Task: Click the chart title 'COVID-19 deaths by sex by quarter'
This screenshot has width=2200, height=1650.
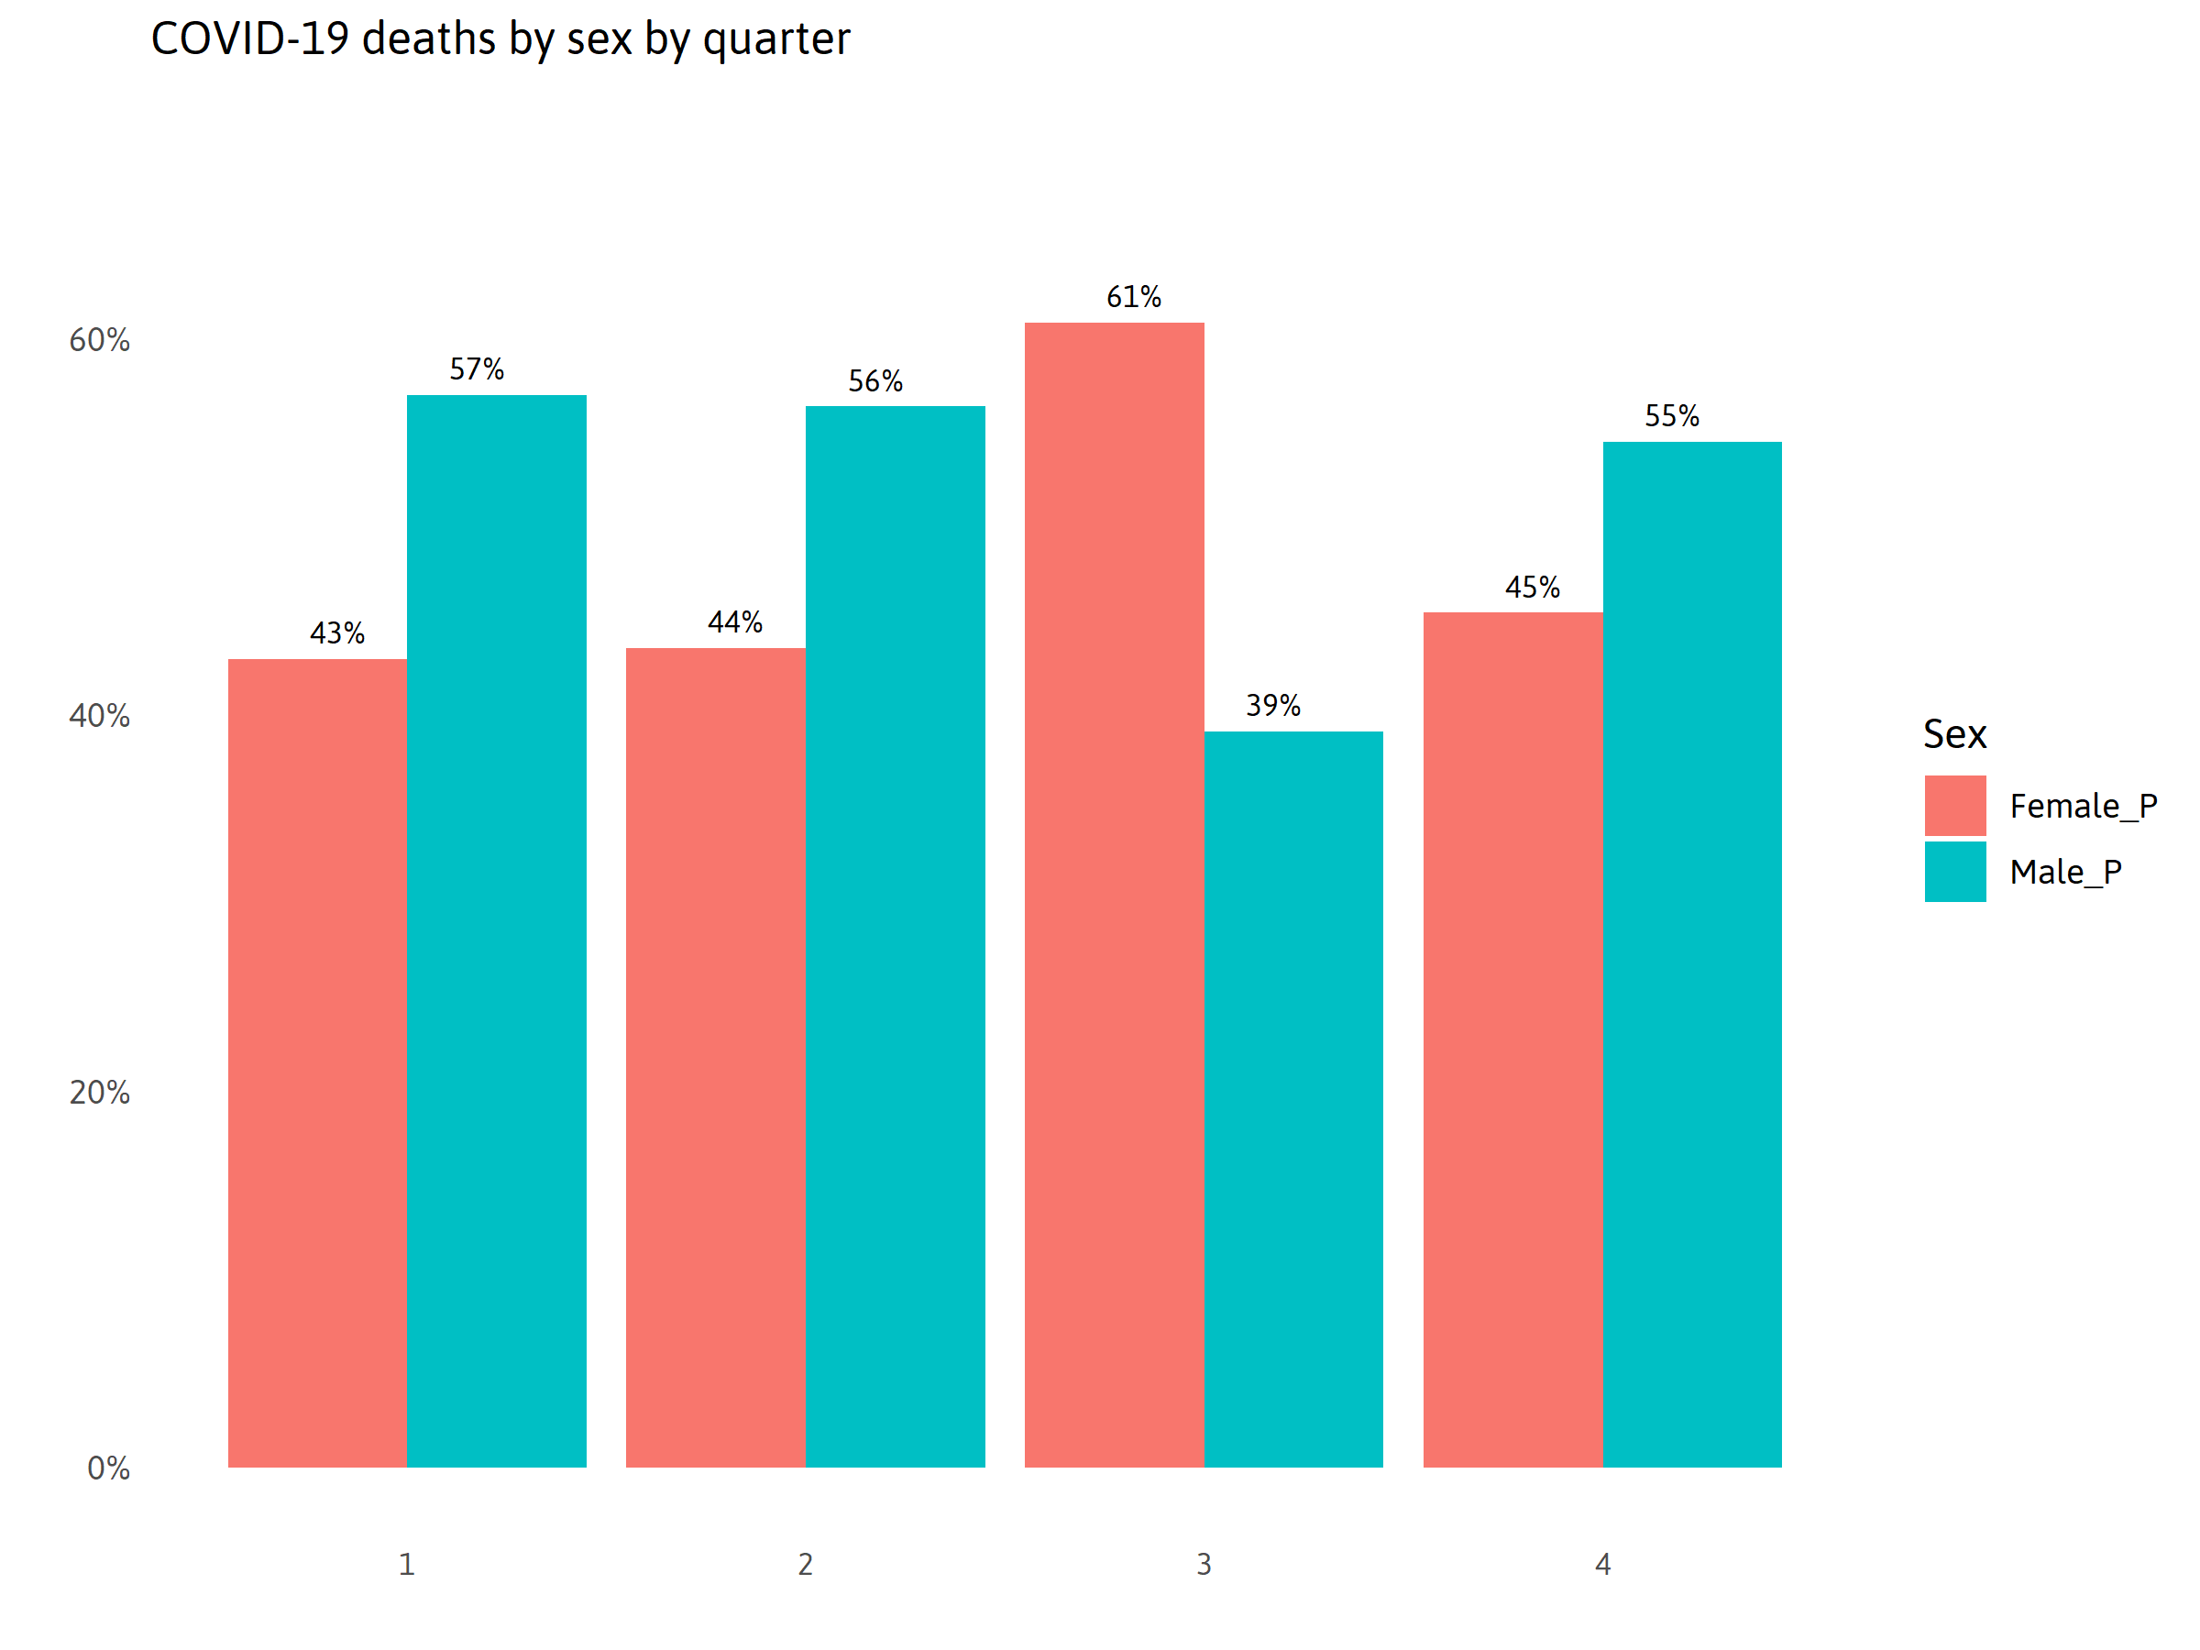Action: click(500, 39)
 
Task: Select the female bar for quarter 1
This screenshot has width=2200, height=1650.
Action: click(317, 1062)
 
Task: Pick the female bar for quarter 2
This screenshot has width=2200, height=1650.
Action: click(715, 1056)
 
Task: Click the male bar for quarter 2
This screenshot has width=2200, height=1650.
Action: click(895, 936)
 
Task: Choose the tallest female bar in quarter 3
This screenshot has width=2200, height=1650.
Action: click(1114, 894)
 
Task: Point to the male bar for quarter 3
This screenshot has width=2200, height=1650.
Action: click(1292, 1098)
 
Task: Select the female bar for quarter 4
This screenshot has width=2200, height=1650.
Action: click(1512, 1039)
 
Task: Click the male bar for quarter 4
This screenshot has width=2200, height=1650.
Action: click(1692, 954)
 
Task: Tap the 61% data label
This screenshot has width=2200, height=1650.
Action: click(1134, 297)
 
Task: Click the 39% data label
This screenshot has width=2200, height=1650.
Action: click(1273, 706)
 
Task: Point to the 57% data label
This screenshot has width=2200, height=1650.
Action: click(477, 370)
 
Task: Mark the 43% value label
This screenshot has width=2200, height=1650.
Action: click(337, 633)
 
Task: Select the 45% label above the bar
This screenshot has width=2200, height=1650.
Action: click(1533, 588)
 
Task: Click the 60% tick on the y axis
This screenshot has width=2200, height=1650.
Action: click(99, 341)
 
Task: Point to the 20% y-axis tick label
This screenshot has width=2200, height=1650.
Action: click(99, 1093)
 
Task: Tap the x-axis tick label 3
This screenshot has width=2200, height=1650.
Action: click(1204, 1565)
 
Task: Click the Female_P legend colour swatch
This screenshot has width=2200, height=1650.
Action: click(1954, 806)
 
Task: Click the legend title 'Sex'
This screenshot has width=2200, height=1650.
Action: click(1954, 734)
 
